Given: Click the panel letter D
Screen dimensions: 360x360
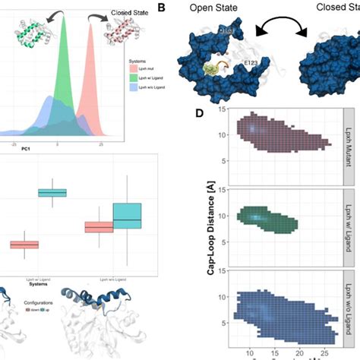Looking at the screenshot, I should coord(200,114).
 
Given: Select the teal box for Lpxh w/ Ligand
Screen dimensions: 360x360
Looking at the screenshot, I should coord(53,193).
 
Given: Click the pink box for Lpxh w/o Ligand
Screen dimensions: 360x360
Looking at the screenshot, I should coord(99,227).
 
